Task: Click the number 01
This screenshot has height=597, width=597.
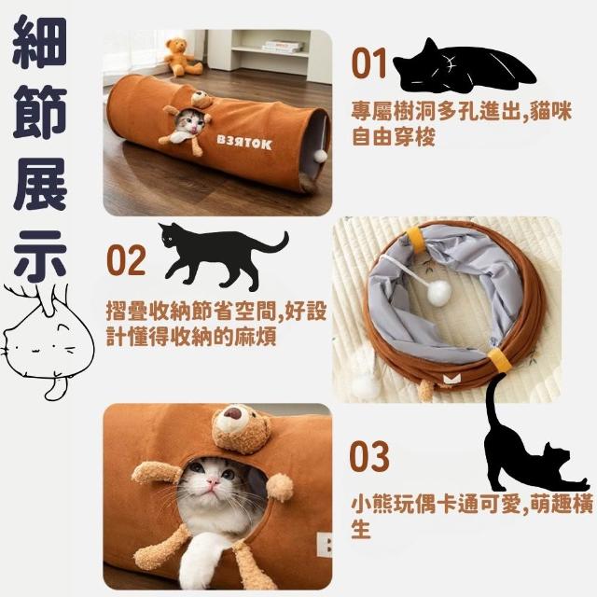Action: pyautogui.click(x=368, y=63)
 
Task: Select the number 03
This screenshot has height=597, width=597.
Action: pyautogui.click(x=369, y=456)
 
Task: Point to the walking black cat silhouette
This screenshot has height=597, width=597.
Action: pyautogui.click(x=223, y=255)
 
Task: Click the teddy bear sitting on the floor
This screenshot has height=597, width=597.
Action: pyautogui.click(x=182, y=56)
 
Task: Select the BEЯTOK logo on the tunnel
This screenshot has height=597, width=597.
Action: pyautogui.click(x=244, y=142)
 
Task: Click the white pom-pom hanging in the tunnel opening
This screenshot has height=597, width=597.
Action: pyautogui.click(x=321, y=156)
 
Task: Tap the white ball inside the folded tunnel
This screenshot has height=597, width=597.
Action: pyautogui.click(x=439, y=294)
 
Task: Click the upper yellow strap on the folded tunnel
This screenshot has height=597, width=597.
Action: pyautogui.click(x=417, y=240)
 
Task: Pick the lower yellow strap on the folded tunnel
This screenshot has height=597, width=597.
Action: pyautogui.click(x=500, y=359)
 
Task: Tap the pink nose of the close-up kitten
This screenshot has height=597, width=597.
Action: pyautogui.click(x=214, y=482)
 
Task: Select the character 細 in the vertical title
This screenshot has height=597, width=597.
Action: pyautogui.click(x=39, y=42)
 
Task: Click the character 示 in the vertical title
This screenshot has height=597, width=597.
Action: pyautogui.click(x=40, y=255)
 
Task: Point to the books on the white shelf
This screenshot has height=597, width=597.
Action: pyautogui.click(x=283, y=47)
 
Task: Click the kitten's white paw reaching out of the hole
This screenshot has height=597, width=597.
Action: pyautogui.click(x=198, y=557)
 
